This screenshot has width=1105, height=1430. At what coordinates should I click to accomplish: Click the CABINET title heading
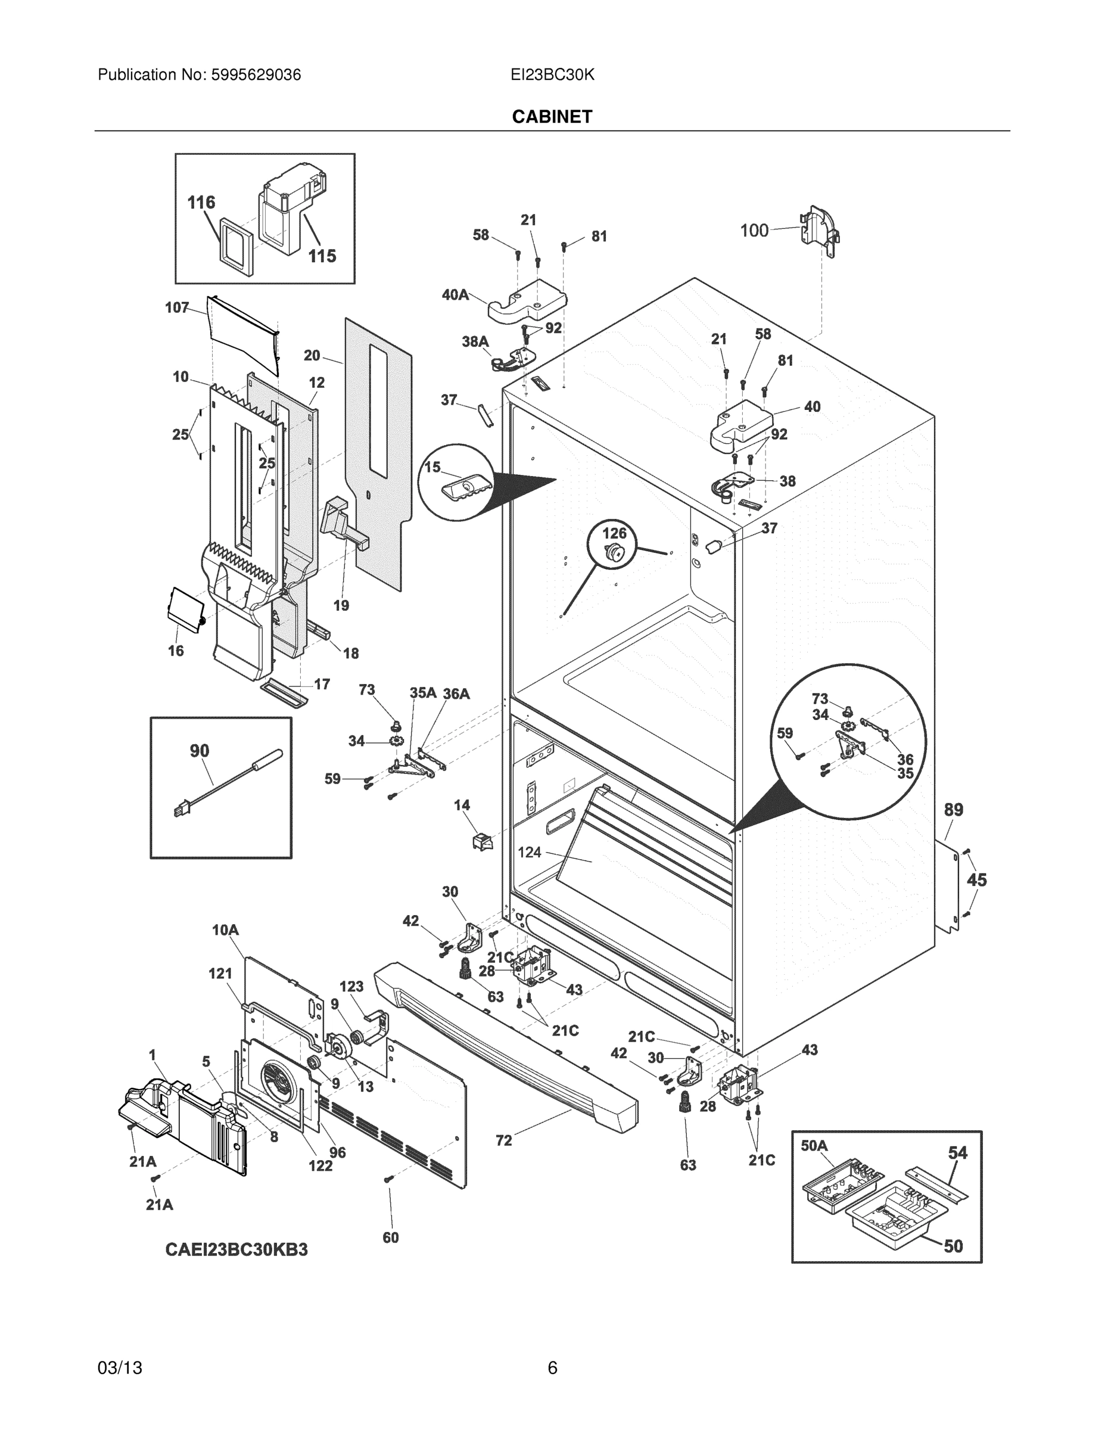click(552, 117)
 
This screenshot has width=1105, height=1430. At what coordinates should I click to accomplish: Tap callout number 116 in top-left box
click(201, 203)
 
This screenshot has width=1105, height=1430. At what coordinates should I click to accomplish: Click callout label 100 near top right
click(754, 230)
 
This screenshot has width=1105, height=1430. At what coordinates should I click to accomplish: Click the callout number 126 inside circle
click(614, 533)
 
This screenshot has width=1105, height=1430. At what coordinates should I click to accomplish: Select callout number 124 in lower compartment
click(529, 852)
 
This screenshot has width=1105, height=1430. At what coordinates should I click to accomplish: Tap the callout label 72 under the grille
click(503, 1140)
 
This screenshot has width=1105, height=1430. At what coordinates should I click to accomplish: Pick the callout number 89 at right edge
click(953, 809)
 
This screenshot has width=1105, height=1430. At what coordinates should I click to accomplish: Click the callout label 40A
click(455, 295)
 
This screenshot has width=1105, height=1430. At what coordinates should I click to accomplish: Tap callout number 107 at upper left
click(177, 307)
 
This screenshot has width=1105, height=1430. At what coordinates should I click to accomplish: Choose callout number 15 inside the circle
click(432, 467)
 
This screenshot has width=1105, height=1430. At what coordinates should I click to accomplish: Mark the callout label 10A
click(225, 929)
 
